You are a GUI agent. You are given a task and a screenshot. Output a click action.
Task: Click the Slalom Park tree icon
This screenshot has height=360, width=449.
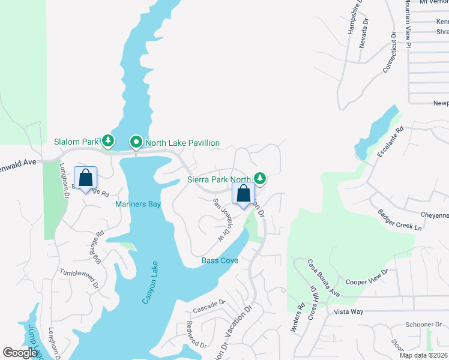click(108, 141)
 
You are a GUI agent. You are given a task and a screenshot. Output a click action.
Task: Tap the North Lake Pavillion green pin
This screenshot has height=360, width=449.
click(136, 143)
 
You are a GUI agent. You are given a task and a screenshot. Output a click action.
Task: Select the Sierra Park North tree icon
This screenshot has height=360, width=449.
click(259, 178)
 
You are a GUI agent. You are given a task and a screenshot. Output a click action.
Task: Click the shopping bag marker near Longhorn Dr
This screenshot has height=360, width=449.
click(85, 178)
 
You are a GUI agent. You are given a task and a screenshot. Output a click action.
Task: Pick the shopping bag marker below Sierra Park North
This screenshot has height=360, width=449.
click(244, 194)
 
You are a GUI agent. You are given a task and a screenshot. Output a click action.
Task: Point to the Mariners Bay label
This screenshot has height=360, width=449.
click(138, 205)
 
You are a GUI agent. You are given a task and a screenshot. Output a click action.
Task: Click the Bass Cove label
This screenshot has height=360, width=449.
click(220, 260)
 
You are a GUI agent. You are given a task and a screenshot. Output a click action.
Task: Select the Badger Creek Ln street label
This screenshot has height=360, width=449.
click(400, 220)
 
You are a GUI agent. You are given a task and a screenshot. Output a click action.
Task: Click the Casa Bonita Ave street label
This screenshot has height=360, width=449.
click(324, 278)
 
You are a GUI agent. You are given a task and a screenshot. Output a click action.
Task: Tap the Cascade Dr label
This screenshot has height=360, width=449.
click(208, 307)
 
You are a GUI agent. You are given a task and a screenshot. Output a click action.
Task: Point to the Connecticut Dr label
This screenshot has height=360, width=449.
click(391, 52)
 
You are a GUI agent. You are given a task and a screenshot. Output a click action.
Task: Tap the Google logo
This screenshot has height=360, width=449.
click(20, 353)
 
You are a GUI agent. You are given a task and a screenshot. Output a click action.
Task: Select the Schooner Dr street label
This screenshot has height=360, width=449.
click(419, 325)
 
